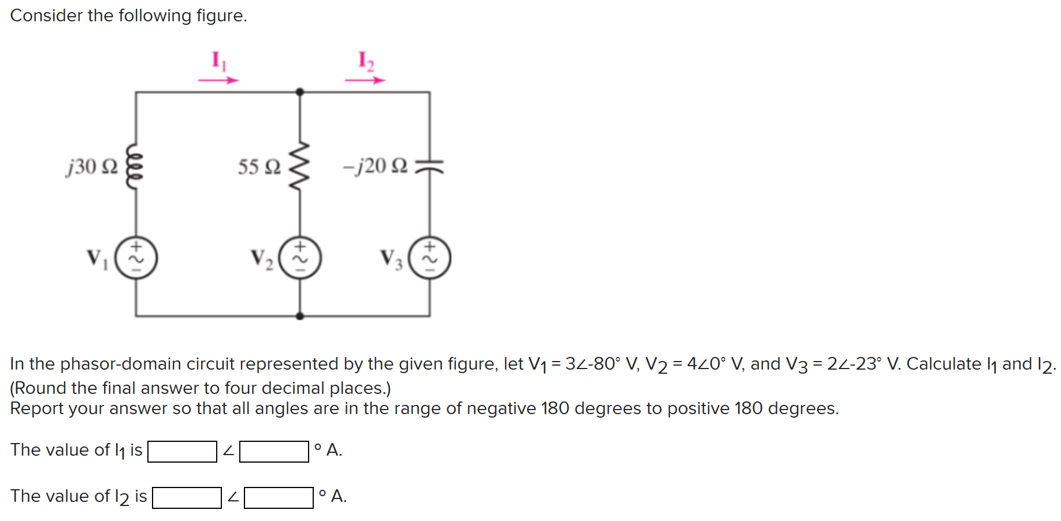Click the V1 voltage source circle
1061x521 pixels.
coord(136,258)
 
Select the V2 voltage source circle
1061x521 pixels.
coord(300,258)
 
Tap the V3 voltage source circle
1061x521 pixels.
coord(429,258)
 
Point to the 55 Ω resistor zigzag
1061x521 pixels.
coord(299,166)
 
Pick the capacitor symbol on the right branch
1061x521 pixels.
coord(429,166)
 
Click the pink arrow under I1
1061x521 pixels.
coord(218,80)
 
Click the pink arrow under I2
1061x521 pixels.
coord(365,80)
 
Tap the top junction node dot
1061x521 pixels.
coord(299,92)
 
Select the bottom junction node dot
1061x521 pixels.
coord(299,316)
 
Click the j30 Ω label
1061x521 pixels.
coord(92,166)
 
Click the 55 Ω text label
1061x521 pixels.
coord(259,167)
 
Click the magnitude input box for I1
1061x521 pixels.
coord(182,451)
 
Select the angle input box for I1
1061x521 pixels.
coord(274,451)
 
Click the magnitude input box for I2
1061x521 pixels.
coord(187,497)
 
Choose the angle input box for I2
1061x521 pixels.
coord(279,497)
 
